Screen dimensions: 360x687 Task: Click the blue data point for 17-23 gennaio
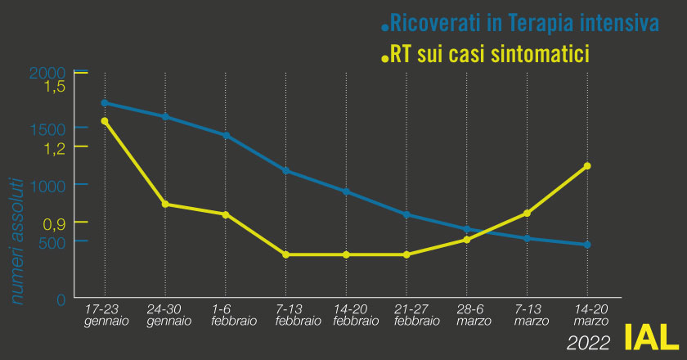(104, 103)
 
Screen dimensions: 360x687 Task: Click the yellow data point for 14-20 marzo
(587, 166)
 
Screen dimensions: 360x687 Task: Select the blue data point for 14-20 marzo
(587, 245)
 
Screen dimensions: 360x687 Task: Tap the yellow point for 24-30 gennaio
(165, 204)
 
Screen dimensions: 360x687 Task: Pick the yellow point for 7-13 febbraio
(285, 254)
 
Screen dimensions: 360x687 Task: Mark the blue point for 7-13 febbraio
(285, 171)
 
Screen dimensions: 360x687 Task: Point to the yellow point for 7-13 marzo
(527, 214)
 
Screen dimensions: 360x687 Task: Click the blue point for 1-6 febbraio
(225, 135)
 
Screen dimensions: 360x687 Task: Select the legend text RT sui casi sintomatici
(492, 55)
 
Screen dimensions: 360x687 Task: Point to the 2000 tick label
(47, 73)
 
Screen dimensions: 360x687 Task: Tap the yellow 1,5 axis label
(54, 88)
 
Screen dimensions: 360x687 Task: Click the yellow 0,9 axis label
(54, 223)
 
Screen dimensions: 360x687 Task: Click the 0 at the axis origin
(61, 299)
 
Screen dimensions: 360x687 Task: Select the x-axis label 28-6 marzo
(466, 316)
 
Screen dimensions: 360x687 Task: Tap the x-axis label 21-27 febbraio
(406, 316)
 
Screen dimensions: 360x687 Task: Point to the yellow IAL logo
(650, 336)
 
